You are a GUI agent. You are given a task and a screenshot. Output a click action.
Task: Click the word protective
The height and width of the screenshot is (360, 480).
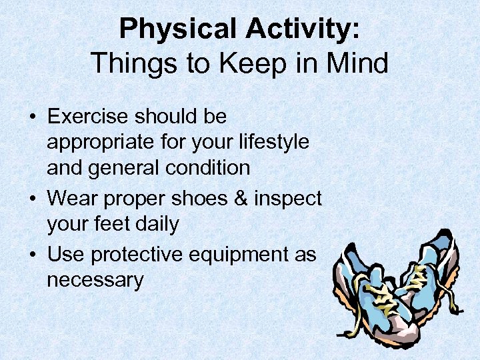138,255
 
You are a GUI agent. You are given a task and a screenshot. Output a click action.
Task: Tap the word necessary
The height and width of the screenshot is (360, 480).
95,280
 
